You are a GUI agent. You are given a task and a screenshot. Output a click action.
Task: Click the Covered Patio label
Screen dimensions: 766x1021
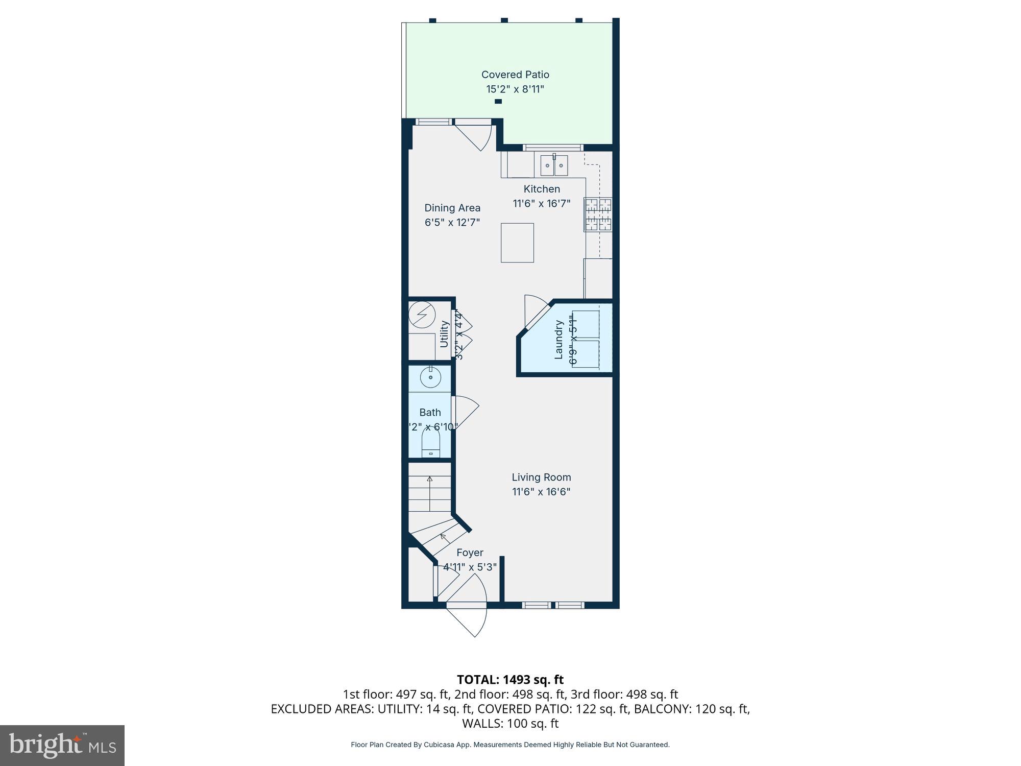coord(515,75)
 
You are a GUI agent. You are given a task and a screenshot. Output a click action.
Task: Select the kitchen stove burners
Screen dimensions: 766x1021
coord(598,214)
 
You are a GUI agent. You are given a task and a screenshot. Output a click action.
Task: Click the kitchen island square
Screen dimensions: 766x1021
coord(517,243)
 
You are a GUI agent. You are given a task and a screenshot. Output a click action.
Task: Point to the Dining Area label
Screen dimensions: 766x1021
coord(452,208)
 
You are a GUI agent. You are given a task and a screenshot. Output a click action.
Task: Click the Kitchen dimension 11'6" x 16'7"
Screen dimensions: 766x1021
coord(541,203)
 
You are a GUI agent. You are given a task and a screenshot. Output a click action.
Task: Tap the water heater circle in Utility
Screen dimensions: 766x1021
coord(422,315)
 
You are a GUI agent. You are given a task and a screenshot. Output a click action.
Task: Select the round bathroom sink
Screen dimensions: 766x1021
coord(430,378)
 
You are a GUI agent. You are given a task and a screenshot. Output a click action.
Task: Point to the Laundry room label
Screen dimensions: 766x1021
coord(558,340)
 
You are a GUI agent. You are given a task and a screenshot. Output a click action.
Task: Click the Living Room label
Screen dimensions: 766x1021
coord(541,477)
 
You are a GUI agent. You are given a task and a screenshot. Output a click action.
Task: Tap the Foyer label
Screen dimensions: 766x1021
coord(470,553)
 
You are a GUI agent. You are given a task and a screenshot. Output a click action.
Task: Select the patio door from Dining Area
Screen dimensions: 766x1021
coord(475,134)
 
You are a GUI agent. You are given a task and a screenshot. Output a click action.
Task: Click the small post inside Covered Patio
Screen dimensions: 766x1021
coord(498,102)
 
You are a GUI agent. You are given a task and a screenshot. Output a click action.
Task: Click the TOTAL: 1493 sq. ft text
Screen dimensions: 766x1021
coord(510,680)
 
